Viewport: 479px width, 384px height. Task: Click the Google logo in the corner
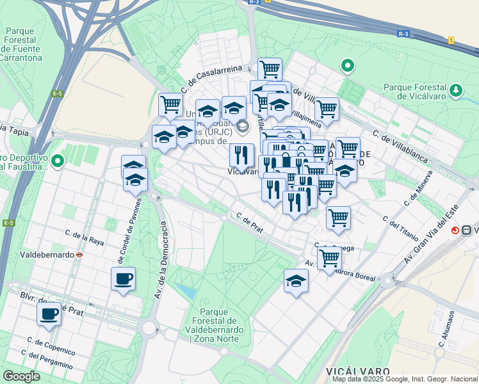pyautogui.click(x=22, y=376)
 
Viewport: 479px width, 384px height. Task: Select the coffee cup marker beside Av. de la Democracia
pyautogui.click(x=123, y=279)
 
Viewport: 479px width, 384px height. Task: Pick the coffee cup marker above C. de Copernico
pyautogui.click(x=49, y=314)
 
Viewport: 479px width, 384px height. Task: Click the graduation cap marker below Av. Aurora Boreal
pyautogui.click(x=296, y=281)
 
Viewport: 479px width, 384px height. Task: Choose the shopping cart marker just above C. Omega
pyautogui.click(x=338, y=218)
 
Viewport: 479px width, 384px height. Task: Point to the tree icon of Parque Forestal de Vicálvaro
pyautogui.click(x=456, y=90)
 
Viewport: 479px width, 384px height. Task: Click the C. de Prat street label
pyautogui.click(x=250, y=222)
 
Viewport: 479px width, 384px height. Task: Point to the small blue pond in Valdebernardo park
pyautogui.click(x=186, y=292)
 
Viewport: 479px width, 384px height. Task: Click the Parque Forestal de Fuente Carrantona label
pyautogui.click(x=24, y=44)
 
